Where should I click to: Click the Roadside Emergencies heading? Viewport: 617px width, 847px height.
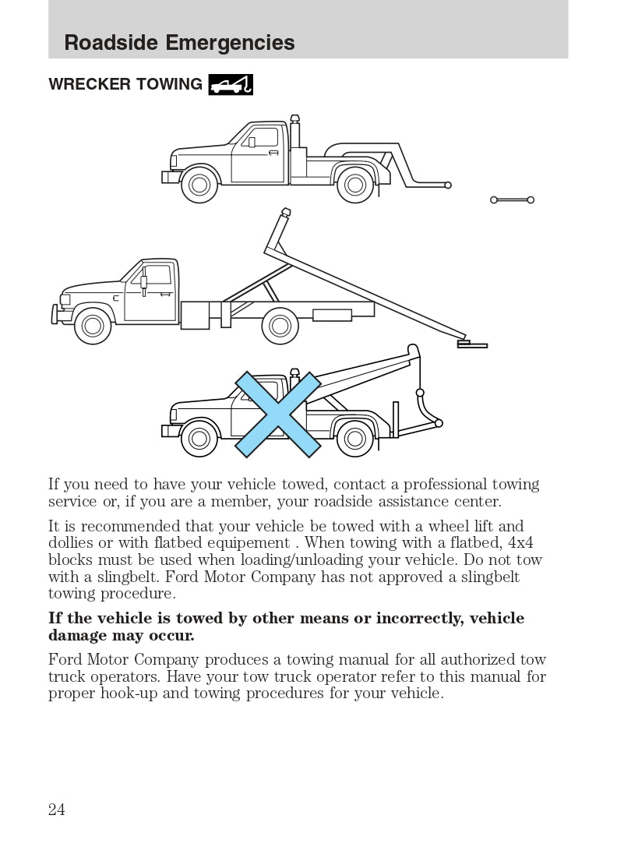[179, 42]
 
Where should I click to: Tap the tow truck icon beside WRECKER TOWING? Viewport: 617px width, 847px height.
[231, 83]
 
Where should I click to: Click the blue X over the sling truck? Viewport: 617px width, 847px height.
[278, 415]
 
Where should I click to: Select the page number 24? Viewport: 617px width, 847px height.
[57, 810]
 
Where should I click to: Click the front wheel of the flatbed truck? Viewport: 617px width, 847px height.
[93, 326]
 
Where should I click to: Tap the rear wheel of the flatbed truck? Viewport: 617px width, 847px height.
[280, 326]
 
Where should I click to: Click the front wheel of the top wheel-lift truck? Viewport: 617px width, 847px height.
[199, 185]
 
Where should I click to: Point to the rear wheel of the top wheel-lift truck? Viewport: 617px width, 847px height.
[355, 185]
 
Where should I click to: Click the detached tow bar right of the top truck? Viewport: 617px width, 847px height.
[512, 200]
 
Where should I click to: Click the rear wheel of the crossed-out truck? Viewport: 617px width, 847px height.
[355, 439]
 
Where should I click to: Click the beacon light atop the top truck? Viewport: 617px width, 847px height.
[294, 118]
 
